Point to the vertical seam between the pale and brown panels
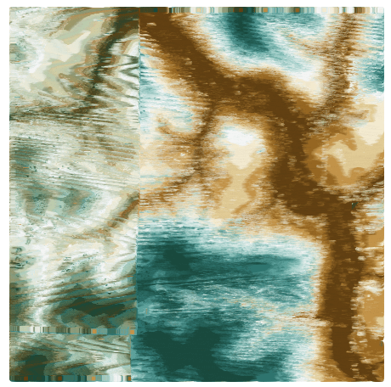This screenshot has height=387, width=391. point(139,170)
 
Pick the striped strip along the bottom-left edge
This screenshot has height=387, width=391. point(68,377)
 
